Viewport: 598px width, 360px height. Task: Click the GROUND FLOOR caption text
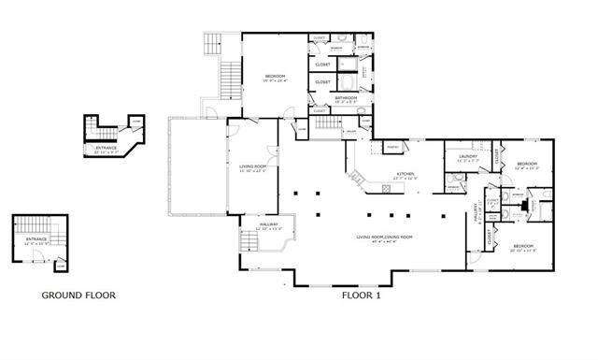coord(78,295)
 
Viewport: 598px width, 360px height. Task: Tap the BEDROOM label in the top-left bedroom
coord(274,77)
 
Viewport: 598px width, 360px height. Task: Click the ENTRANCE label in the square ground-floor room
coord(36,239)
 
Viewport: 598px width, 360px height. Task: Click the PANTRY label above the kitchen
coord(393,147)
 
